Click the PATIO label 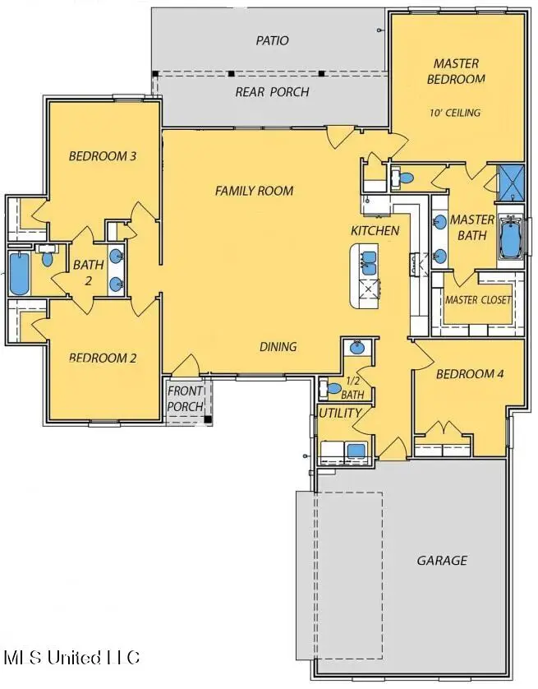pos(272,39)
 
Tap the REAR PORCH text pos(272,92)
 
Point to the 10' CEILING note pos(454,113)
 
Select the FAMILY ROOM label pos(254,191)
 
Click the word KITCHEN pos(375,230)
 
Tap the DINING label pos(278,346)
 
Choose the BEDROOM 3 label pos(102,155)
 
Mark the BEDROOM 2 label pos(102,358)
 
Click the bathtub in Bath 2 pos(18,274)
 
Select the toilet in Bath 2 pos(48,259)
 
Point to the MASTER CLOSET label pos(477,300)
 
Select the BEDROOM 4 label pos(469,374)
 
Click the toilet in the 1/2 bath pos(333,388)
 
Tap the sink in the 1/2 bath pos(358,348)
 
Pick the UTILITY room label pos(339,413)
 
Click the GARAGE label pos(442,561)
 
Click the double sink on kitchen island pos(367,263)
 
